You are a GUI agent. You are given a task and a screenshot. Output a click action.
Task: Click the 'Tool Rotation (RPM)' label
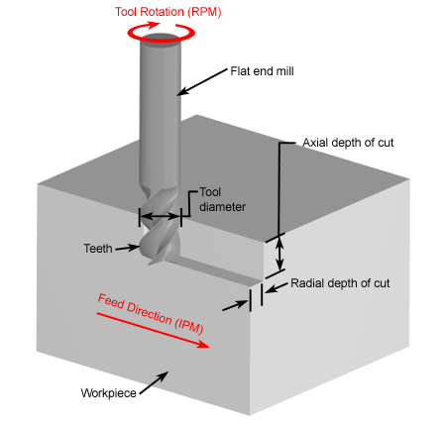[168, 12]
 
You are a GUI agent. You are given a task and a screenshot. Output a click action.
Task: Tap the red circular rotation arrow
[161, 40]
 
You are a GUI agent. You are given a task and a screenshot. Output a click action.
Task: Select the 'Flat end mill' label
[262, 71]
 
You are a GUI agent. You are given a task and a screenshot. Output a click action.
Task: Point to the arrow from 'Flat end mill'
[202, 82]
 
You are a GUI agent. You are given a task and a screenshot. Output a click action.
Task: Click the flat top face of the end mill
[161, 38]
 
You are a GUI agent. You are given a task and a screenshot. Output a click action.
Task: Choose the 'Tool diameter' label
[223, 199]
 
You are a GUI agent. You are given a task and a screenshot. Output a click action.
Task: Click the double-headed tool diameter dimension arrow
[161, 217]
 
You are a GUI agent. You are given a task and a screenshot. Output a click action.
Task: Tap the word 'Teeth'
[98, 249]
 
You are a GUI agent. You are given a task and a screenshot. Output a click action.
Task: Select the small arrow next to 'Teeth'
[127, 248]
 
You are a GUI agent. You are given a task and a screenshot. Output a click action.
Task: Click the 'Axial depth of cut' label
[348, 143]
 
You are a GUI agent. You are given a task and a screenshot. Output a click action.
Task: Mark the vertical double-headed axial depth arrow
[279, 255]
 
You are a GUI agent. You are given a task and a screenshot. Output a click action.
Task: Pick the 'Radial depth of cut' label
[340, 283]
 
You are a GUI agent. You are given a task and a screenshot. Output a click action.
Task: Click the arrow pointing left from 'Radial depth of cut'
[277, 288]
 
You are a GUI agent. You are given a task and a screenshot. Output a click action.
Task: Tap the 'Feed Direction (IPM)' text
[151, 314]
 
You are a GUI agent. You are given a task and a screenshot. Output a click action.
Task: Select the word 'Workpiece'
[108, 393]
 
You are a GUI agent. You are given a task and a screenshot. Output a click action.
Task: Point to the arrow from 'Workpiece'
[154, 382]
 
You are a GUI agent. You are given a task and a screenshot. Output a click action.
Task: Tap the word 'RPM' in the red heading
[205, 12]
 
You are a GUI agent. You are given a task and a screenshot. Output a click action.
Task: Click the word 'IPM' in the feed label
[189, 325]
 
